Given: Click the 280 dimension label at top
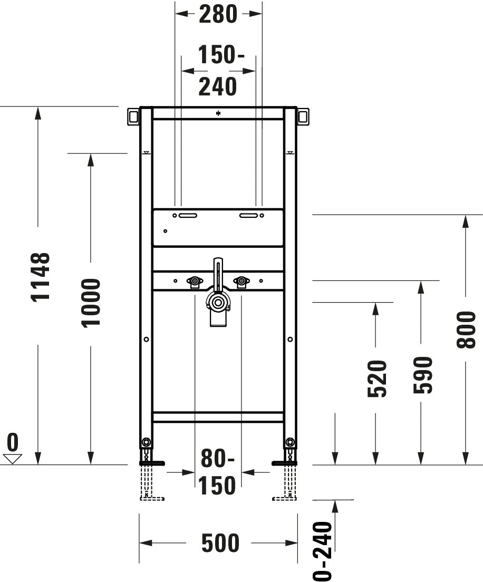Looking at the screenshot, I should coord(218,14).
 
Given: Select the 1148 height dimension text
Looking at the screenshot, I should coord(41,277).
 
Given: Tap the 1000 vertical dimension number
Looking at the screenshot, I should coord(91,303).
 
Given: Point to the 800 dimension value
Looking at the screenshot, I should coord(466,329).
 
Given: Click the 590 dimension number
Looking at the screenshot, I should coord(422,375).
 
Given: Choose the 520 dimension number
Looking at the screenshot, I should coord(378,379).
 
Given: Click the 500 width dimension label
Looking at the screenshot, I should coord(220,543).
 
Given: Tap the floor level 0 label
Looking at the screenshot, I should coord(13,441).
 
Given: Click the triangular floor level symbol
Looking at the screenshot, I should coord(12,459).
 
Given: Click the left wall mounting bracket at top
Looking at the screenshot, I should coord(132,117).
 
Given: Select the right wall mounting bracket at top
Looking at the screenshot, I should coord(304,117).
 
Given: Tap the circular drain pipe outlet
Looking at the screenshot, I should coord(217,302).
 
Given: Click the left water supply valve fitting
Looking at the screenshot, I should coord(195,283).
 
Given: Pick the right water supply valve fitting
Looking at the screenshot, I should coord(242,283).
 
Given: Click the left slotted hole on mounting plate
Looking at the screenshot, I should coord(187,215).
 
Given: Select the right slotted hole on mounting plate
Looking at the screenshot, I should coord(248,215).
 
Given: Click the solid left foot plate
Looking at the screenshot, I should coord(152,463).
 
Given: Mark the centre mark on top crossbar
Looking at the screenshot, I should coord(218,113).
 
